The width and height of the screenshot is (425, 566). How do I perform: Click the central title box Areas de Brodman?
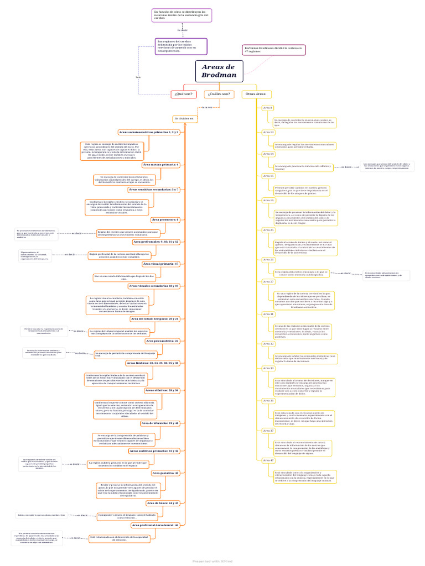coord(219,71)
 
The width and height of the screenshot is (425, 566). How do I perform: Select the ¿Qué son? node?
coord(183,95)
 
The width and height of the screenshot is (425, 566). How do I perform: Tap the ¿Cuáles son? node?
coord(218,95)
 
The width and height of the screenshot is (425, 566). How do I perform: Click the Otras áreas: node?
coord(255,95)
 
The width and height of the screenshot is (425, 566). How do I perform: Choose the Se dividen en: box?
coord(185,118)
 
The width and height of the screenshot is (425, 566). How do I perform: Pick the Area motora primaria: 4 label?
coord(161,165)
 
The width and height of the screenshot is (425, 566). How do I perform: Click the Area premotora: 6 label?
coord(165,220)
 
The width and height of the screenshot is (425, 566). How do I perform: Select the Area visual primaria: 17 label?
coord(161,264)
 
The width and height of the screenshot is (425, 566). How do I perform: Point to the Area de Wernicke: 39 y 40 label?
coord(160,423)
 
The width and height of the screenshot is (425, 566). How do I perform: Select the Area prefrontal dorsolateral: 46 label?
coord(156,525)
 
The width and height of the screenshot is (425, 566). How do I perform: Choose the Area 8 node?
coord(268,108)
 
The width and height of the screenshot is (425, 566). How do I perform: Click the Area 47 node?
coord(268,460)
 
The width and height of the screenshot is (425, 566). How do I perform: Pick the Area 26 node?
coord(268,259)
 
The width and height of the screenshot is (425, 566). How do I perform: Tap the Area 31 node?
coord(268,314)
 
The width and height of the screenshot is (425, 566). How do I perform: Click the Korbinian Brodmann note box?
coord(274,50)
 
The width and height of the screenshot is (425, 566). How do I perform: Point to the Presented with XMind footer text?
coord(212,560)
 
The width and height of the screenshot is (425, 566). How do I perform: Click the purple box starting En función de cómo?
coord(182,14)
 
